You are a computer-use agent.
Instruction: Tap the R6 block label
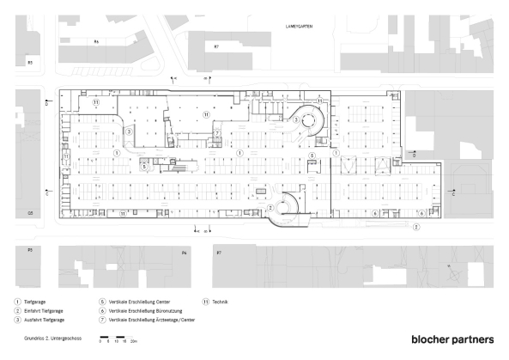(x=97, y=41)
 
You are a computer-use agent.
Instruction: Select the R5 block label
(x=30, y=63)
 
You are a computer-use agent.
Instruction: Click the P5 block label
(x=30, y=250)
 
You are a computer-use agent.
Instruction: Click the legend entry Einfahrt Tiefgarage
(x=43, y=311)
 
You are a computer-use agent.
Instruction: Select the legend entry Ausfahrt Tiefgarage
(x=43, y=320)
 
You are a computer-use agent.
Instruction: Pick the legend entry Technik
(x=220, y=302)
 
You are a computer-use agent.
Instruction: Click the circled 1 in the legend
(x=18, y=302)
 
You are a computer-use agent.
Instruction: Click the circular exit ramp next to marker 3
(x=306, y=122)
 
